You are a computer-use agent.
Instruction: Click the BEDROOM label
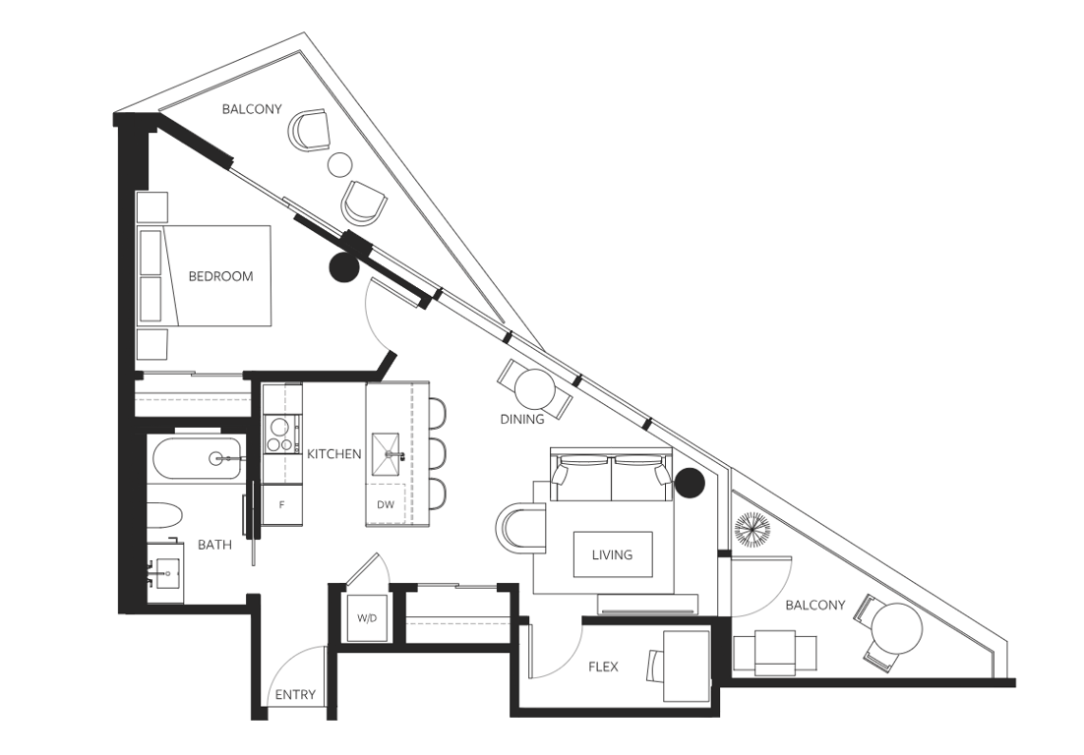coord(220,276)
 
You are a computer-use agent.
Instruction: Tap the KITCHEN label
coord(333,454)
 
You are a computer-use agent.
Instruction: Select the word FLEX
coord(603,667)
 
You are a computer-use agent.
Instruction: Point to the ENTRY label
coord(295,695)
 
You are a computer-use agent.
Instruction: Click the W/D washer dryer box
coord(367,618)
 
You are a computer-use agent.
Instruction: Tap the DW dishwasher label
coord(386,504)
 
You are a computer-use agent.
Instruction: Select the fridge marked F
coord(282,504)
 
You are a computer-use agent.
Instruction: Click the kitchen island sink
coord(388,454)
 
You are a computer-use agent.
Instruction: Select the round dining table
coord(534,389)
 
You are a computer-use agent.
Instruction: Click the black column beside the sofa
coord(689,482)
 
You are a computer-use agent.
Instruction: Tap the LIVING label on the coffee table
coord(613,554)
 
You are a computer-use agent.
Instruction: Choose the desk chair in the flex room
coord(654,667)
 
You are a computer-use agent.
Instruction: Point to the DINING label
coord(522,419)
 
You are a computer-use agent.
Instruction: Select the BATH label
coord(215,545)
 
